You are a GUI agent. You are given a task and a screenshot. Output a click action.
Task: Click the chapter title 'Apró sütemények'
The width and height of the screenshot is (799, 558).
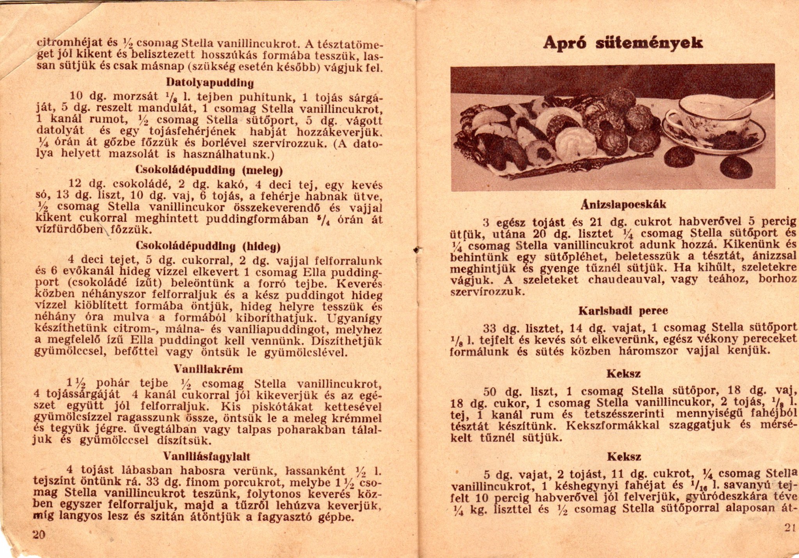click(623, 43)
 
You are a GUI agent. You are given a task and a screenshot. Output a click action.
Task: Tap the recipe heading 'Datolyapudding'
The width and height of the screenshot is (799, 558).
click(210, 83)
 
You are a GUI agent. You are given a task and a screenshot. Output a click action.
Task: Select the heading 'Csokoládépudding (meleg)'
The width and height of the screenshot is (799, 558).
click(209, 170)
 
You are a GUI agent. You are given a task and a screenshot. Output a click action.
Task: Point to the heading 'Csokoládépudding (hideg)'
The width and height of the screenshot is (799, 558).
click(209, 246)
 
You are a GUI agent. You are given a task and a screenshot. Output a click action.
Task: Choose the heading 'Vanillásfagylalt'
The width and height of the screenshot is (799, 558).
click(207, 456)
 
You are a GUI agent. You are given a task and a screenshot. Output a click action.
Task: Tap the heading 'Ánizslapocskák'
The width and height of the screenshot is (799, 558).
click(623, 204)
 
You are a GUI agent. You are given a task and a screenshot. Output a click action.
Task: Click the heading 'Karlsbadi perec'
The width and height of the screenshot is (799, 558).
click(623, 311)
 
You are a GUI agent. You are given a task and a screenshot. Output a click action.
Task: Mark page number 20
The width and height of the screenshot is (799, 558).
click(39, 534)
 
